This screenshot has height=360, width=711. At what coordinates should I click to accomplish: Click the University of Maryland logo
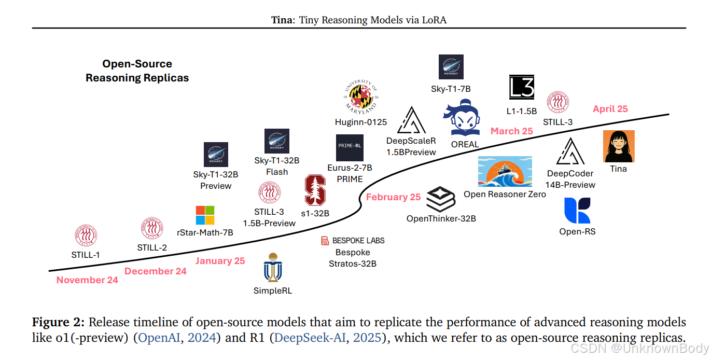pos(361,98)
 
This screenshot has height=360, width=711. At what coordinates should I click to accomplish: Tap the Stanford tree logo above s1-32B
pos(315,190)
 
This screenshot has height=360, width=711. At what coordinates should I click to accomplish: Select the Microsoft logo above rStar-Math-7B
pos(205,215)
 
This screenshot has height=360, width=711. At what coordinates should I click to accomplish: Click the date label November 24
pos(87,280)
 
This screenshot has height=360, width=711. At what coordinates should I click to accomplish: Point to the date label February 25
pos(393,197)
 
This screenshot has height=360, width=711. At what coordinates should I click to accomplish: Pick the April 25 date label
pos(610,109)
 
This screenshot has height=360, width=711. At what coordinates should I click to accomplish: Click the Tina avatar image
pos(619,146)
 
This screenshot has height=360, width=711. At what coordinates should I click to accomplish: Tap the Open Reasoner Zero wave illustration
pos(505,172)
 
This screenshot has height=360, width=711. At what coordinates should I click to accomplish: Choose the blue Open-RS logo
pos(577,211)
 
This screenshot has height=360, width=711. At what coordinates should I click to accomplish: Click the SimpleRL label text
pos(273,290)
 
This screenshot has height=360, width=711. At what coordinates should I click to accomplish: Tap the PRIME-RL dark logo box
pos(350,147)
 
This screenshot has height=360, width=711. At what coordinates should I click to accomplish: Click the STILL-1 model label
pos(86,255)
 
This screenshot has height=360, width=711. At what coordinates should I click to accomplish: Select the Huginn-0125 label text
pos(361,122)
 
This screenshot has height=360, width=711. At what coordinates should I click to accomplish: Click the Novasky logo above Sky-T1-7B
pos(451,67)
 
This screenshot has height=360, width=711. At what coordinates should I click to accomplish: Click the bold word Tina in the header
pos(282,20)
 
